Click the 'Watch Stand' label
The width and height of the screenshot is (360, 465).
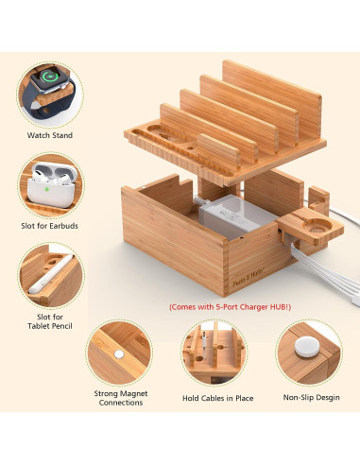pyautogui.click(x=50, y=135)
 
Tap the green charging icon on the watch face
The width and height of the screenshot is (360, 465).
pyautogui.click(x=49, y=77)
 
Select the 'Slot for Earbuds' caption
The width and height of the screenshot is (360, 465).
pyautogui.click(x=49, y=226)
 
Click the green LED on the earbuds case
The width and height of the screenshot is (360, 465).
pyautogui.click(x=47, y=189)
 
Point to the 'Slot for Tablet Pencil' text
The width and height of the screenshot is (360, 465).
pyautogui.click(x=50, y=321)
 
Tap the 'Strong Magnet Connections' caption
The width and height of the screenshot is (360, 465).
pyautogui.click(x=121, y=398)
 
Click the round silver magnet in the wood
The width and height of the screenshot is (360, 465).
pyautogui.click(x=119, y=354)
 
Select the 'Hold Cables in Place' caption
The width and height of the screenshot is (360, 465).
pyautogui.click(x=218, y=398)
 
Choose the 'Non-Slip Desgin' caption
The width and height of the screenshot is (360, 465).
pyautogui.click(x=312, y=397)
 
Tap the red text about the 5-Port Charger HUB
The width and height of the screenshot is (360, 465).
pyautogui.click(x=231, y=307)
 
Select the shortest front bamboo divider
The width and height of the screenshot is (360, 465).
pyautogui.click(x=219, y=151)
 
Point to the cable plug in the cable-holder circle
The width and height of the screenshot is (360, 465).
pyautogui.click(x=204, y=346)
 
